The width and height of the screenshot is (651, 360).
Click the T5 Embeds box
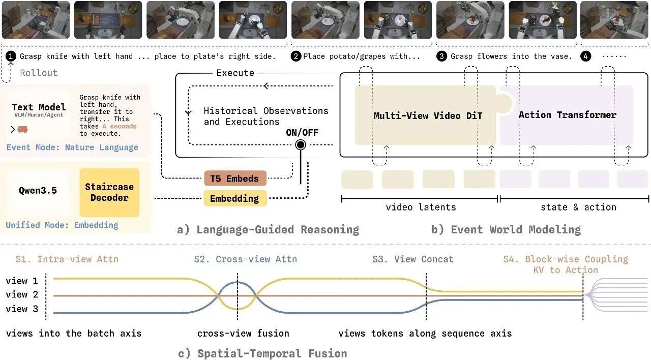pyautogui.click(x=235, y=178)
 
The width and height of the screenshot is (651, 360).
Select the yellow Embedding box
pyautogui.click(x=235, y=198)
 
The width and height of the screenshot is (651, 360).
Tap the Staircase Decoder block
pyautogui.click(x=109, y=192)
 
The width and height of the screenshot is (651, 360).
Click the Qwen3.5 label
pyautogui.click(x=38, y=190)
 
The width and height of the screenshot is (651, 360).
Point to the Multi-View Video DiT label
pyautogui.click(x=428, y=115)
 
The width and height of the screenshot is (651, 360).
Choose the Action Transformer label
pyautogui.click(x=567, y=115)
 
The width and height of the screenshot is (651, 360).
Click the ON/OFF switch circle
pyautogui.click(x=301, y=145)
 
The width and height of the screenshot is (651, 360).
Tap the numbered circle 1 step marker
pyautogui.click(x=11, y=56)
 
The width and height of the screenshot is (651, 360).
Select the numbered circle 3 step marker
pyautogui.click(x=441, y=56)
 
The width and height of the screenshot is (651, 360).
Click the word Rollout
pyautogui.click(x=39, y=73)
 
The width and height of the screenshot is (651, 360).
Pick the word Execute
pyautogui.click(x=235, y=73)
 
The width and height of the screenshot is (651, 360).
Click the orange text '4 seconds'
pyautogui.click(x=120, y=127)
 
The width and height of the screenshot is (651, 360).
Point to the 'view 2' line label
pyautogui.click(x=22, y=294)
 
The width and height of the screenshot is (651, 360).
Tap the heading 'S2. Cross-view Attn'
pyautogui.click(x=246, y=259)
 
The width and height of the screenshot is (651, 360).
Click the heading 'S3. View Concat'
pyautogui.click(x=413, y=259)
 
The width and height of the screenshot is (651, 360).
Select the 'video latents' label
pyautogui.click(x=421, y=207)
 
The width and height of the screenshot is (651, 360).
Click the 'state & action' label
pyautogui.click(x=578, y=207)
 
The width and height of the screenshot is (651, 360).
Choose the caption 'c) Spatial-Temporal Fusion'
pyautogui.click(x=262, y=353)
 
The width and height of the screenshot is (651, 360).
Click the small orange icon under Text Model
pyautogui.click(x=23, y=129)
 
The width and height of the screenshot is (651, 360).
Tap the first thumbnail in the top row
pyautogui.click(x=36, y=20)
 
